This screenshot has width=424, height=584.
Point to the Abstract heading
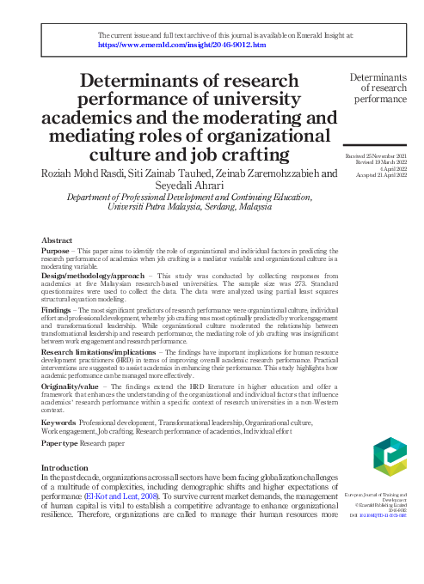(x=57, y=240)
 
